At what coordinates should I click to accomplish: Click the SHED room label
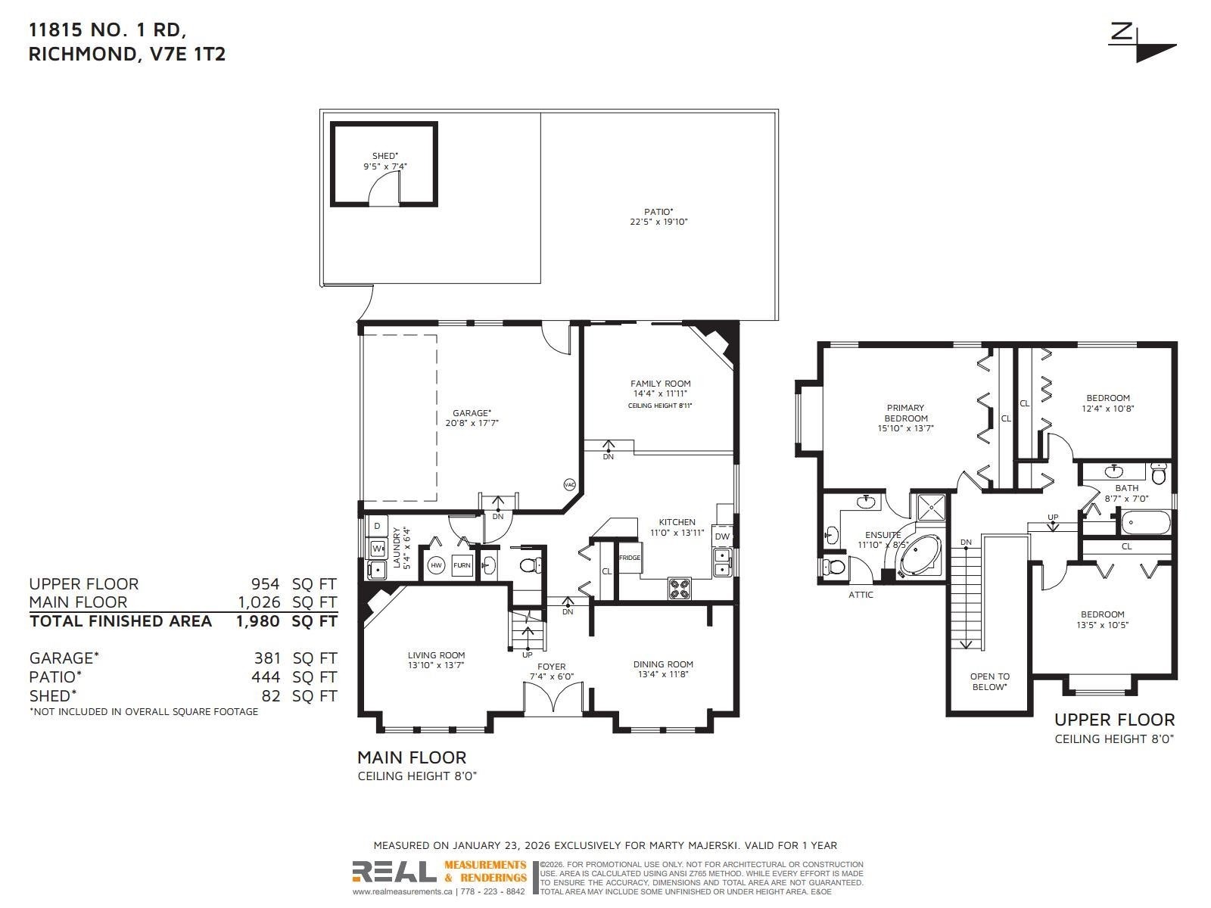[385, 156]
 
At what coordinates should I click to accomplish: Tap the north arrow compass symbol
[1143, 43]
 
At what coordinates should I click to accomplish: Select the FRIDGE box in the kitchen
[630, 558]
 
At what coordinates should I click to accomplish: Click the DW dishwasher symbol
[722, 536]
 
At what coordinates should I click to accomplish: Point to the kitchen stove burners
[679, 588]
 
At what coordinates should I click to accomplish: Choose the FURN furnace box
[462, 565]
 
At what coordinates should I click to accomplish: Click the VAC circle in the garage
[569, 484]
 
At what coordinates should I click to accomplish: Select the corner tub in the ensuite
[920, 556]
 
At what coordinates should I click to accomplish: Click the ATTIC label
[861, 595]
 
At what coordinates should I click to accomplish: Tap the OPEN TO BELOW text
[989, 682]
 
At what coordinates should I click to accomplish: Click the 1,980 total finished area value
[258, 621]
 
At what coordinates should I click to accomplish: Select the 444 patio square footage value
[266, 677]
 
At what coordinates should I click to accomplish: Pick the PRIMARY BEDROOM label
[905, 413]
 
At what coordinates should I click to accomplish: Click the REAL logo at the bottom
[394, 872]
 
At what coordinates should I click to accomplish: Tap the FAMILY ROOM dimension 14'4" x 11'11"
[661, 393]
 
